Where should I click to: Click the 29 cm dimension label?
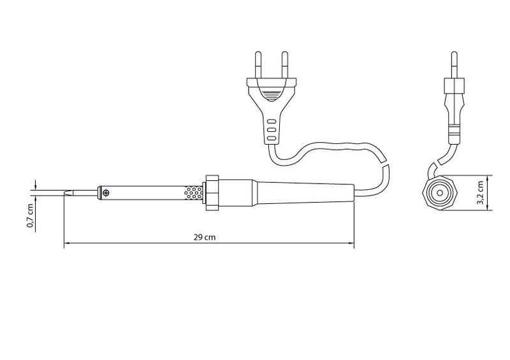205,237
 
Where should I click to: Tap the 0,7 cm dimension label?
30,215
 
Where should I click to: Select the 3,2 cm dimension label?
480,192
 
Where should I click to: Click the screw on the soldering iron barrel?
106,193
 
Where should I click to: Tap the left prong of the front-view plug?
258,65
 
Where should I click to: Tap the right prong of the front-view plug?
284,65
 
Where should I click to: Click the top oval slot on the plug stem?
272,122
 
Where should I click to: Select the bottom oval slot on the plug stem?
272,138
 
